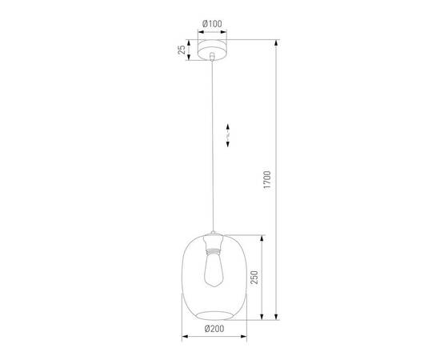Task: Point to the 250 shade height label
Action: [x=254, y=278]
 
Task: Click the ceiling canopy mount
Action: [x=212, y=49]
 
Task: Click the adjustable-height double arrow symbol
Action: [x=229, y=136]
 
